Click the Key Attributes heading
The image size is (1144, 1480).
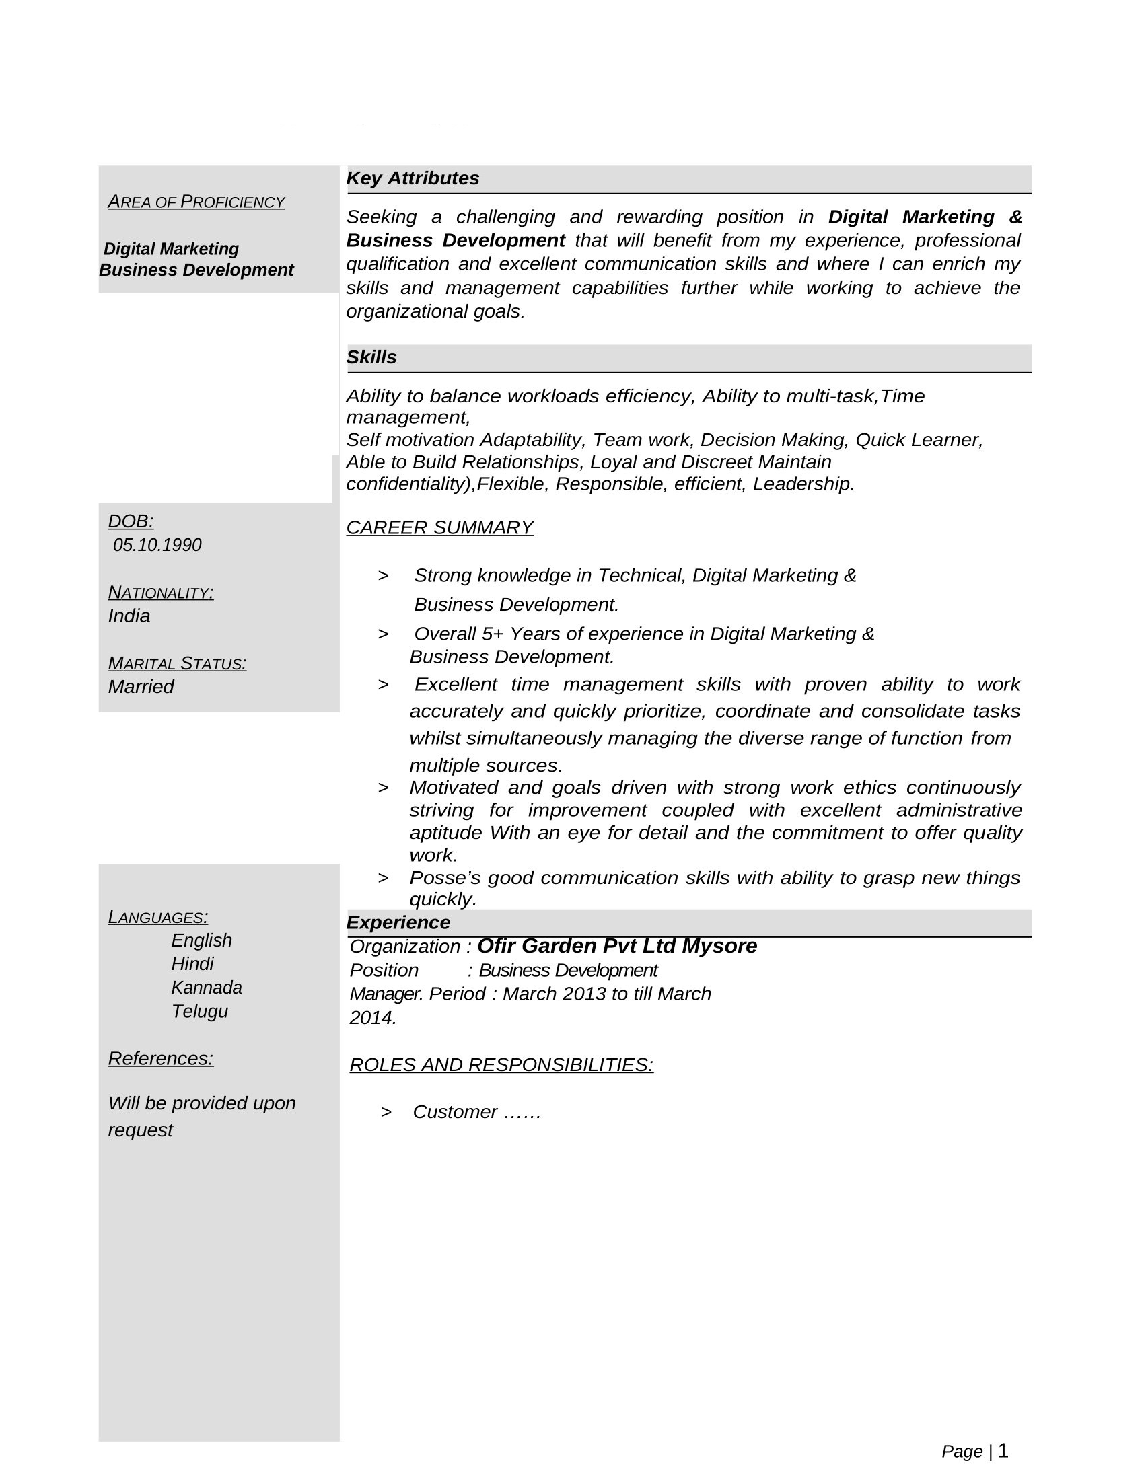[x=412, y=178]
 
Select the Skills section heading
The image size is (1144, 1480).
[x=371, y=357]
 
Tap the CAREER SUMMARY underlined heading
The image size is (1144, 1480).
[x=439, y=527]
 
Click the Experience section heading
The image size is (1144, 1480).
[x=398, y=922]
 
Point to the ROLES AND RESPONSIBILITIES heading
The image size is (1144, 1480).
[x=501, y=1065]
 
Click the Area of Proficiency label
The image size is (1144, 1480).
[x=196, y=202]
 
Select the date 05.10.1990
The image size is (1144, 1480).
[x=157, y=545]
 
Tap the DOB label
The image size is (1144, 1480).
[x=131, y=521]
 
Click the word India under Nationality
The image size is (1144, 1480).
[x=129, y=616]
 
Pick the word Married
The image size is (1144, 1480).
[x=141, y=686]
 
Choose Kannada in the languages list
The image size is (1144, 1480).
[x=206, y=988]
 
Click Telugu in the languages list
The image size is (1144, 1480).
[x=199, y=1011]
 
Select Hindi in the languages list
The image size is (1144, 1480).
[x=192, y=963]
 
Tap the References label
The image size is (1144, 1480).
[x=161, y=1058]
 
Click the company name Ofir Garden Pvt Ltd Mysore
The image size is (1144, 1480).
[x=616, y=945]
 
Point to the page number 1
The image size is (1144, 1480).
[x=1003, y=1451]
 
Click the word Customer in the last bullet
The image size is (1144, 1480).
[x=455, y=1112]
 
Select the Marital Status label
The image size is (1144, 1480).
[x=177, y=663]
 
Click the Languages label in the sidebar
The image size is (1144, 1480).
[x=158, y=917]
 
